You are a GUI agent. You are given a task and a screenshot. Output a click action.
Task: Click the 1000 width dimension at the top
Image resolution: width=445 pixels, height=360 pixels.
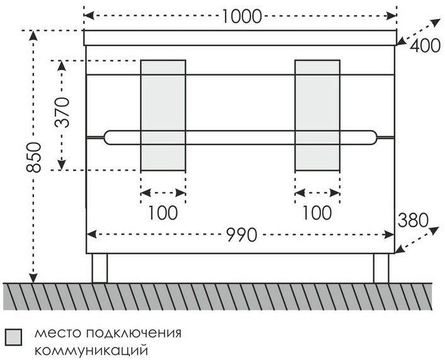pos(241,16)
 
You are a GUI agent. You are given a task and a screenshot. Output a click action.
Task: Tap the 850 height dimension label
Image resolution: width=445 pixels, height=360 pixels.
pos(34,158)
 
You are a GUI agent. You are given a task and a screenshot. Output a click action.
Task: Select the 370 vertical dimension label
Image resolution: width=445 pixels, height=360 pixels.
pos(62,112)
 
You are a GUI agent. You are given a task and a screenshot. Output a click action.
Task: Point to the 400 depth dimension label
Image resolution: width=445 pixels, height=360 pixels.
pos(425,45)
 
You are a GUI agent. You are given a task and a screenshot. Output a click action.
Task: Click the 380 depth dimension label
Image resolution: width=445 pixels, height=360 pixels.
pos(413,220)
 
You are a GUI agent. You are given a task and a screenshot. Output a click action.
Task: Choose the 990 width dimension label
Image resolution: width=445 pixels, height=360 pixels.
pos(242,235)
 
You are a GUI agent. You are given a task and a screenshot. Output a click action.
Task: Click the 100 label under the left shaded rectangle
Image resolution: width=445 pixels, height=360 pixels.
pos(163,213)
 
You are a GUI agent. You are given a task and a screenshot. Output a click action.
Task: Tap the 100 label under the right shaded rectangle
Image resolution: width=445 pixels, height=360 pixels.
pos(317,213)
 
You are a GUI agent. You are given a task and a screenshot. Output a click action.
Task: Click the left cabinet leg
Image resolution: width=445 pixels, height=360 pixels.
pos(100,268)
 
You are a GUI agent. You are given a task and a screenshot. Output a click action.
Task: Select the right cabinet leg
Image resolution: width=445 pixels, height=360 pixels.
pos(381,268)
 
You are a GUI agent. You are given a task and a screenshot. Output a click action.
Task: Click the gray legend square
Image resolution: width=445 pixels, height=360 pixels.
pos(13,337)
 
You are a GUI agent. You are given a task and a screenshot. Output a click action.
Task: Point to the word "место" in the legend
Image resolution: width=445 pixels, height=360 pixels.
pos(59,333)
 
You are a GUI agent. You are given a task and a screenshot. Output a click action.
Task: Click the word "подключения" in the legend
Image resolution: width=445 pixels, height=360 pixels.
pos(134,334)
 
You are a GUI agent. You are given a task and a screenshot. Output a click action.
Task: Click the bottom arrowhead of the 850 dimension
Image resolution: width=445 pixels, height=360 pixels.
pos(33,278)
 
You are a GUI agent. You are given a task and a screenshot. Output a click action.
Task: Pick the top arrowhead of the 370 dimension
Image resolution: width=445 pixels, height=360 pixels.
pos(62,66)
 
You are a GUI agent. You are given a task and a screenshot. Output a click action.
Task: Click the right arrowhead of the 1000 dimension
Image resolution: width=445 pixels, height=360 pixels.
pos(391,16)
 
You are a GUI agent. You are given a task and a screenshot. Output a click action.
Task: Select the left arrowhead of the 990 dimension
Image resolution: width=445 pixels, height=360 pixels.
pos(91,235)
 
